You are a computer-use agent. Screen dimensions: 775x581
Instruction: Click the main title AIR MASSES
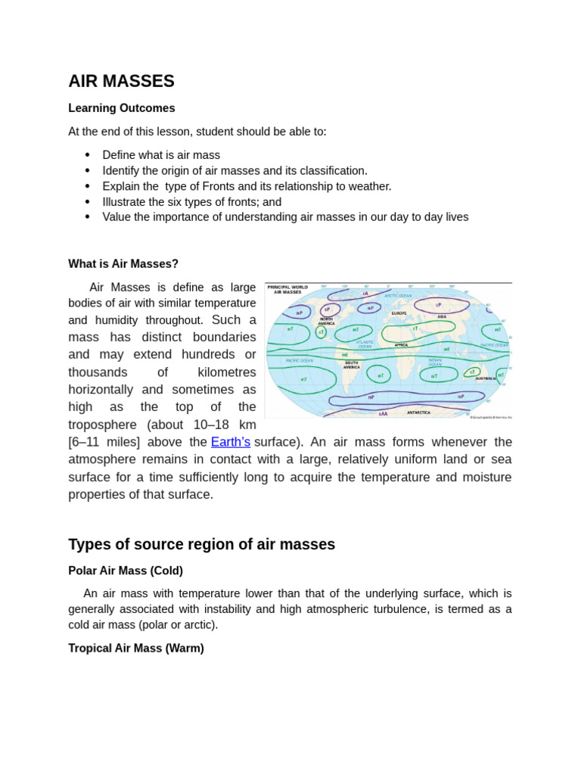[121, 81]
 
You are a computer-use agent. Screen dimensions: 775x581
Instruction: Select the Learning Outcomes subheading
[121, 108]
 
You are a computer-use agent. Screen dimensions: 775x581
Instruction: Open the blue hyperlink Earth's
[231, 442]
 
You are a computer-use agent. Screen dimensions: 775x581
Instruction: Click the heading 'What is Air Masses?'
[123, 264]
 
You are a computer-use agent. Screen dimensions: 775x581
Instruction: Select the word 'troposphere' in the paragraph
[104, 425]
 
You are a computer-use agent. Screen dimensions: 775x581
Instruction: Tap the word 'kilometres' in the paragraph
[226, 372]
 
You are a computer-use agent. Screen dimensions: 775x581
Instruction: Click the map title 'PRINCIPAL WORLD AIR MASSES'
[284, 289]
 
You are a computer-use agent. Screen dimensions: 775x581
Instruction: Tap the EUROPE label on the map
[399, 313]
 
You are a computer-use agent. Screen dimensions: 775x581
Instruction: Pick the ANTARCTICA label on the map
[418, 412]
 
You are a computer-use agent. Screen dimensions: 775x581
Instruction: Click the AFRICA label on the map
[401, 345]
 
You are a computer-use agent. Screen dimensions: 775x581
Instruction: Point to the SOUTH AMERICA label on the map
[351, 364]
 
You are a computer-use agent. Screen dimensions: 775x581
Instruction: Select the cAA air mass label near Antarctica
[383, 413]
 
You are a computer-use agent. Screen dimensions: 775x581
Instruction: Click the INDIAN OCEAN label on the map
[435, 363]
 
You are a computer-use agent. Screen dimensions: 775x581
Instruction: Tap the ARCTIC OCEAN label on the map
[398, 295]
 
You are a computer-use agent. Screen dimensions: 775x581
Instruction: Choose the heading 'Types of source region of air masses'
[201, 545]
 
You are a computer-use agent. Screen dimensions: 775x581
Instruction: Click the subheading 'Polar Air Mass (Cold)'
[126, 571]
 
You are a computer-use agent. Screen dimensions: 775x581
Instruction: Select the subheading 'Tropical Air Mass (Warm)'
[136, 649]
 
